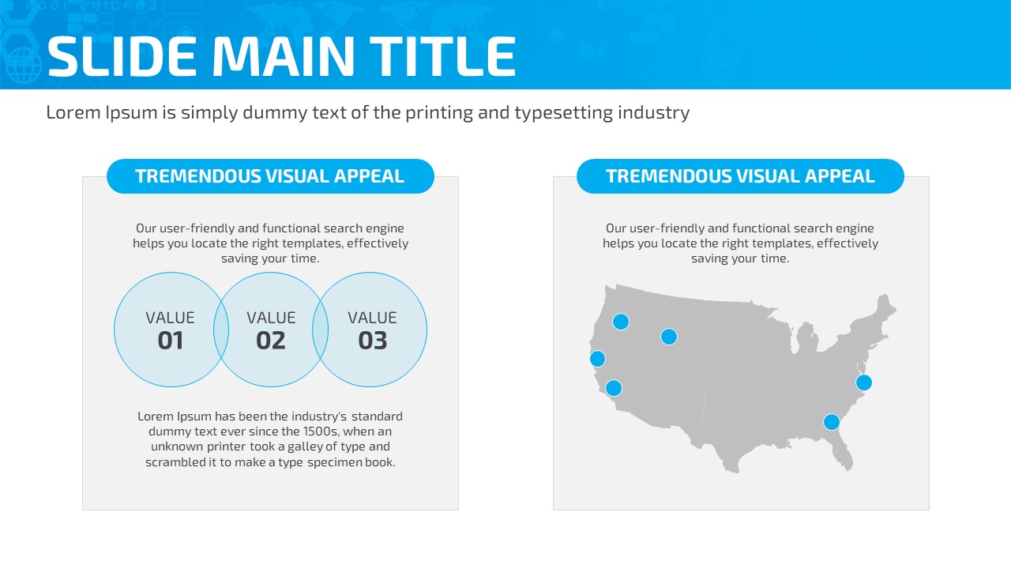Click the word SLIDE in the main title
122,56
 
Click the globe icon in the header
24,66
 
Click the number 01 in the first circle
171,341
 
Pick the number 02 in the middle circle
271,341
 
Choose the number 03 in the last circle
373,341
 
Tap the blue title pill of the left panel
270,176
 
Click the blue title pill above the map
740,176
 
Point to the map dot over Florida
832,422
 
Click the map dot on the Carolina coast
864,382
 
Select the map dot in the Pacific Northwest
621,322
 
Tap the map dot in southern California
614,388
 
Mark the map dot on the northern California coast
598,359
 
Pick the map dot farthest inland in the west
669,337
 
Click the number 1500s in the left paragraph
321,431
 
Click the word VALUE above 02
271,318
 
